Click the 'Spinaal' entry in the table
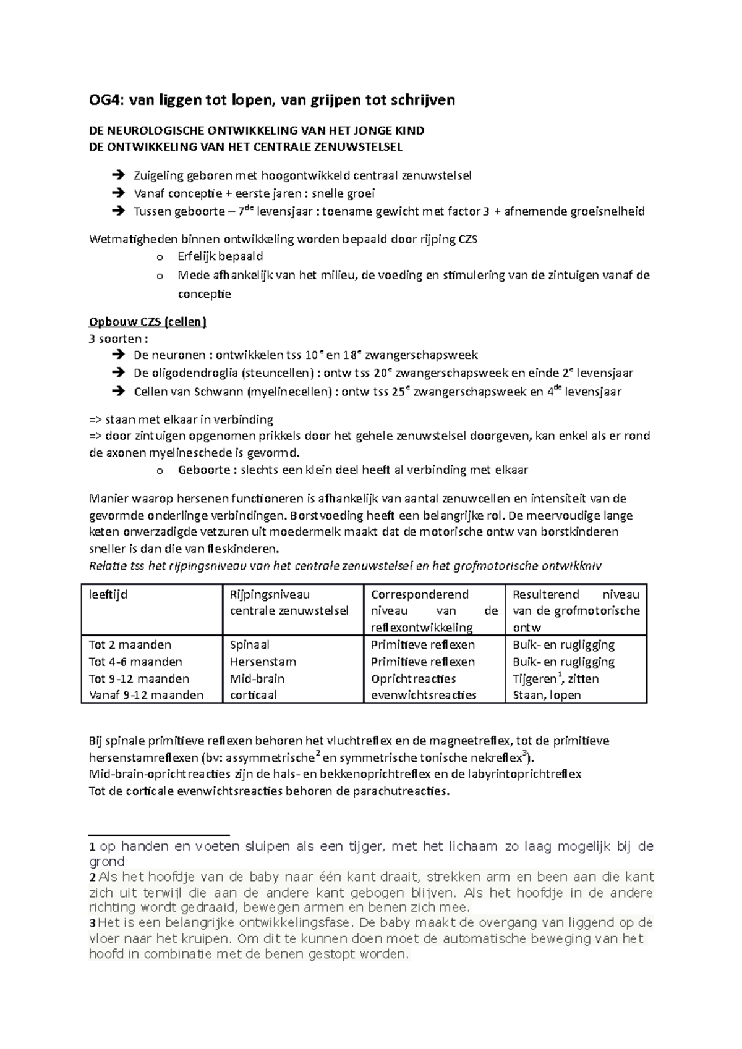click(250, 645)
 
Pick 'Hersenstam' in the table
click(263, 662)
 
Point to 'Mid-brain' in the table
click(257, 678)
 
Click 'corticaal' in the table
click(254, 695)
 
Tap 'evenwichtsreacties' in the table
click(424, 695)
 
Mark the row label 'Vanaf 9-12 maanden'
click(146, 695)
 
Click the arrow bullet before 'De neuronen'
click(117, 355)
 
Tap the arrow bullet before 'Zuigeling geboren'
click(117, 175)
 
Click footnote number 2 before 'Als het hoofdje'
click(92, 878)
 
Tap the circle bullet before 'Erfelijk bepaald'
click(160, 257)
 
